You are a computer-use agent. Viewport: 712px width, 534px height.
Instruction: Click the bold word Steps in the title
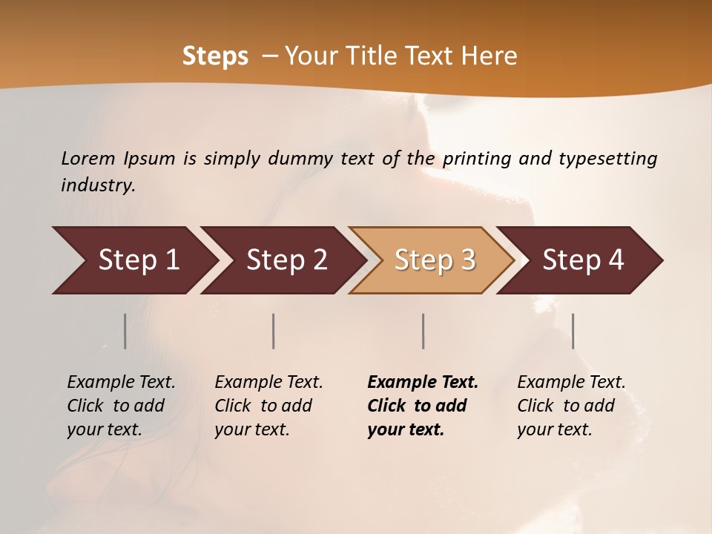[215, 56]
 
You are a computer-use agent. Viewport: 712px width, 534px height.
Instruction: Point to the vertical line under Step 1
[125, 331]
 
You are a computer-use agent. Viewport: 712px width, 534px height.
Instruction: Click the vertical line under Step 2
[274, 331]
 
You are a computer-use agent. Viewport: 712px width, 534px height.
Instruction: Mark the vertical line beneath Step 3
[423, 331]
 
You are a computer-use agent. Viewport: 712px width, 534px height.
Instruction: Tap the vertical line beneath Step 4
[573, 331]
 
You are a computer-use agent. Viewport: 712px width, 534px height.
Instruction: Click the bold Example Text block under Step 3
[422, 406]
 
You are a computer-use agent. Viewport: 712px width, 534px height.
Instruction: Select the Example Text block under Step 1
[121, 406]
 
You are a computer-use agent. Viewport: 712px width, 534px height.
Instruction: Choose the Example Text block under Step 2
[268, 406]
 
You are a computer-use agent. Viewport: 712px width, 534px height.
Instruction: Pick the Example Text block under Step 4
[571, 406]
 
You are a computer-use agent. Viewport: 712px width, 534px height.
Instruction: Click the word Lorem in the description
[88, 159]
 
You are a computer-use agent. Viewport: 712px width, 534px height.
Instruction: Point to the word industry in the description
[98, 185]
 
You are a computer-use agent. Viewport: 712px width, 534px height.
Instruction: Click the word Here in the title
[489, 56]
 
